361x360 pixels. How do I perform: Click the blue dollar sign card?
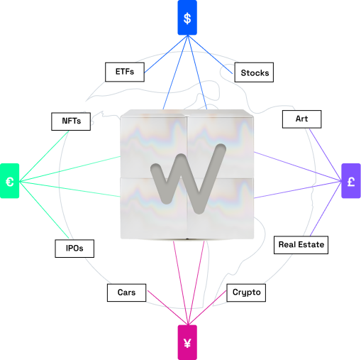point(187,18)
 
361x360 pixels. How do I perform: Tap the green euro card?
point(9,181)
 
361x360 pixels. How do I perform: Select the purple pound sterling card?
point(351,181)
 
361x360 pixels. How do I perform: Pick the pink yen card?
point(187,342)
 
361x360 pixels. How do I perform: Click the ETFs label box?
point(125,72)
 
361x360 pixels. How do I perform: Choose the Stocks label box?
point(254,72)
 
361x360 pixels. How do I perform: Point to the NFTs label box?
point(71,121)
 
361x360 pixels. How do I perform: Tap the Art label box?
point(301,119)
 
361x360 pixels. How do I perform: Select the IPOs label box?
point(74,249)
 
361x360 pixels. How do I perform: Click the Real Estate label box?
point(301,245)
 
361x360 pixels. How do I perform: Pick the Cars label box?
point(126,293)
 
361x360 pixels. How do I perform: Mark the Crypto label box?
point(246,293)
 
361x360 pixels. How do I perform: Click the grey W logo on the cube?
point(188,179)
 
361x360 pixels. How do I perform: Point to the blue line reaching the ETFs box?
point(166,54)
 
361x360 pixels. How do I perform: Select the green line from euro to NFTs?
point(44,156)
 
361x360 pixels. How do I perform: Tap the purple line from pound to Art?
point(326,155)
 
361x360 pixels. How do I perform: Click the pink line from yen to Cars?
point(167,307)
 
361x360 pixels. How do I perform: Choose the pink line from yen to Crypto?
point(207,307)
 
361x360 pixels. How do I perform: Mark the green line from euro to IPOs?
point(44,209)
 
